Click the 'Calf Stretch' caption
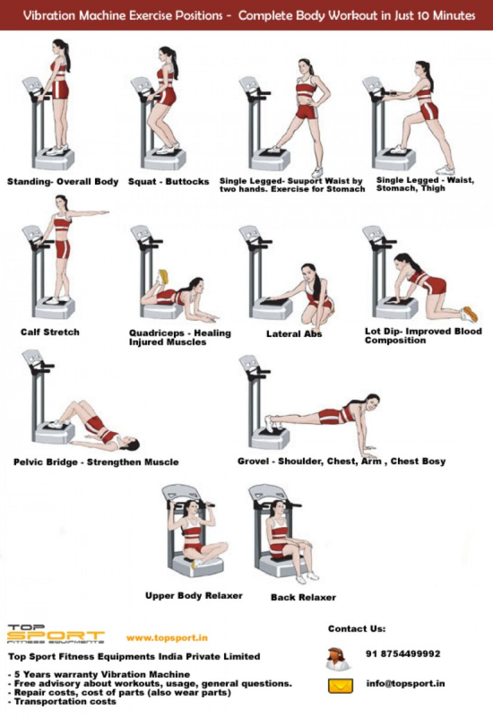[x=50, y=332]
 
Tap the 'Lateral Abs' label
[x=294, y=334]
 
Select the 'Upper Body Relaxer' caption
[x=194, y=596]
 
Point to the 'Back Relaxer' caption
[x=303, y=597]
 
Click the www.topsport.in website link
[x=167, y=638]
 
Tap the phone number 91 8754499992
[x=403, y=654]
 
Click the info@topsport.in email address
[x=406, y=684]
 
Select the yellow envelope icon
[x=341, y=686]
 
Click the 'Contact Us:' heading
[x=357, y=628]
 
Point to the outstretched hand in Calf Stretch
[x=103, y=212]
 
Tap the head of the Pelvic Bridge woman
[x=130, y=444]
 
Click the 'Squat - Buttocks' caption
[x=168, y=182]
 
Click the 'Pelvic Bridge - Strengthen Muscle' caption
[x=96, y=462]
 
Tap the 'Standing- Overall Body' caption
[x=63, y=182]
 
